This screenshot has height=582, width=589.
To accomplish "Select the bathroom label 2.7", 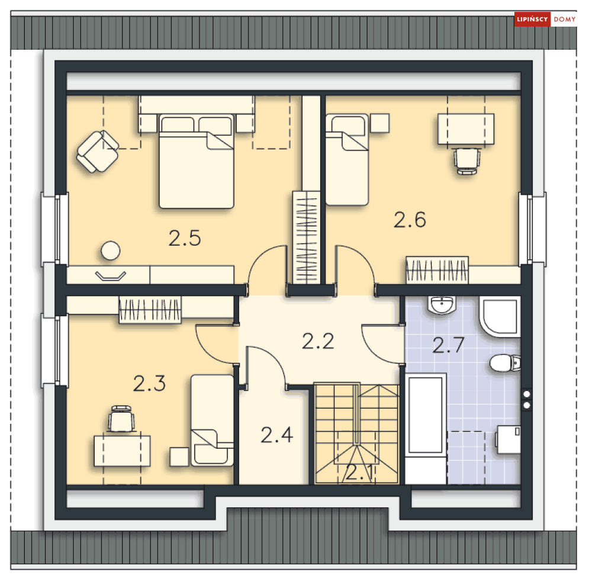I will coord(448,345).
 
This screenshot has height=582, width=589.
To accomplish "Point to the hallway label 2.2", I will coord(318,342).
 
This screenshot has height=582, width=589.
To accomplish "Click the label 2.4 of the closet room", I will coord(276,435).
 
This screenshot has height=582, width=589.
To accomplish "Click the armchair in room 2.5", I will coord(98,151).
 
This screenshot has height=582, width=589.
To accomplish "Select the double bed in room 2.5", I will coord(196,162).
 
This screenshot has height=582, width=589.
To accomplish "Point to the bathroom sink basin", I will coord(441,305).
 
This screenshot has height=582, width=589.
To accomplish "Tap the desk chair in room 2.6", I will coord(466,160).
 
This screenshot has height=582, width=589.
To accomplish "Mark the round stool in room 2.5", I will coord(110,250).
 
